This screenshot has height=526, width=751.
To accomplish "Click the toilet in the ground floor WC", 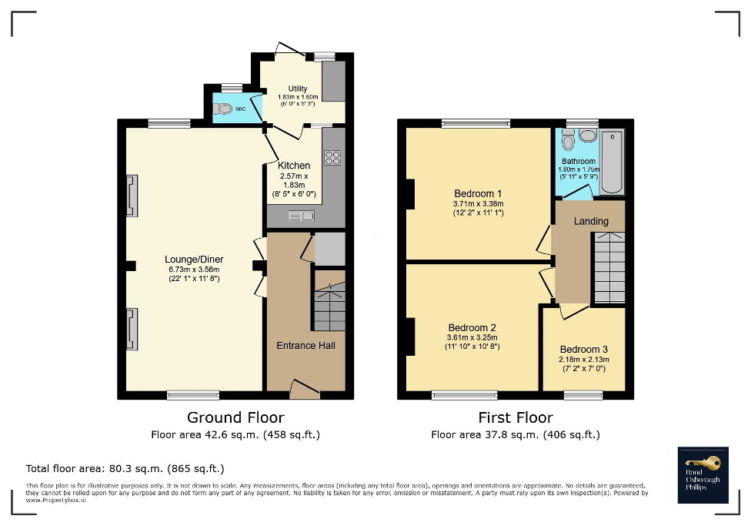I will click(x=223, y=109).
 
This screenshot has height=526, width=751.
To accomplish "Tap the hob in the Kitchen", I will click(x=332, y=158).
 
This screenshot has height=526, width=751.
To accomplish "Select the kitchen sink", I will click(x=301, y=216).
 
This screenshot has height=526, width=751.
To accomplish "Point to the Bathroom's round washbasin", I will click(x=588, y=136).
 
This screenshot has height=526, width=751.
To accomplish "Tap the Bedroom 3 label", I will click(x=583, y=349).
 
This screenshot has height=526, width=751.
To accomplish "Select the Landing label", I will click(x=591, y=221).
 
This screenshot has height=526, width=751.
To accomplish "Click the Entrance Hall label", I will click(x=305, y=345).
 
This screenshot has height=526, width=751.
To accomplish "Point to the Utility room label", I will click(x=298, y=89).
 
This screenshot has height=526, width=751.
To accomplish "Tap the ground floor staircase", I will click(x=329, y=307).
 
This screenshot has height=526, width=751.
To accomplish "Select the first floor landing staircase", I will click(x=609, y=269).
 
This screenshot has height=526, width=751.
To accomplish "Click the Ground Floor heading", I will click(x=235, y=417).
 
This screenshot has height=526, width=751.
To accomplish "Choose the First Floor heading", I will click(x=515, y=417).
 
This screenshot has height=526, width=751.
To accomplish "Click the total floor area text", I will click(x=125, y=468).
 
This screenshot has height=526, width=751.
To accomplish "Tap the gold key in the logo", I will click(x=706, y=462).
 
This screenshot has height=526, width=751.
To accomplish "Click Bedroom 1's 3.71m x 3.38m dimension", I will click(x=478, y=204).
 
